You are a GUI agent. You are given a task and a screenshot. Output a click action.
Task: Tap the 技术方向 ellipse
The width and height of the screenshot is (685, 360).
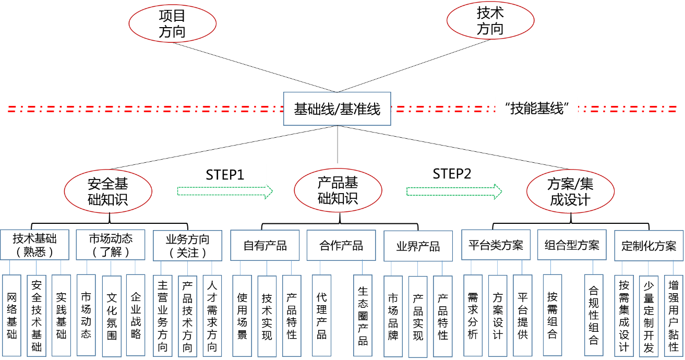coord(490,21)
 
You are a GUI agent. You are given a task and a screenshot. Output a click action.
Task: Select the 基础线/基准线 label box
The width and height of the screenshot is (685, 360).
coord(337,109)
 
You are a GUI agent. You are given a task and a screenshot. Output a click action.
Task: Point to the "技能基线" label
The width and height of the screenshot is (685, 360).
coord(536,109)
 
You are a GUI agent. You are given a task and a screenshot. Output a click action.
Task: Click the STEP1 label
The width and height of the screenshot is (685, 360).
coord(225,174)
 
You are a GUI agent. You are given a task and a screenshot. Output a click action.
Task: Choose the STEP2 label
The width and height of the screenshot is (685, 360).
coord(452,174)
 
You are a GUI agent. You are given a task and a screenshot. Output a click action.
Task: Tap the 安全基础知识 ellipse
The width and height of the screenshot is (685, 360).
coord(108,191)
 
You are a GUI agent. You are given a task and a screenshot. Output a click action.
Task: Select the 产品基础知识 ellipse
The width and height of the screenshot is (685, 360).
coord(338,190)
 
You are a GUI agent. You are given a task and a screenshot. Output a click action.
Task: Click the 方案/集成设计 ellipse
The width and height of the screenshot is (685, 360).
coord(570,191)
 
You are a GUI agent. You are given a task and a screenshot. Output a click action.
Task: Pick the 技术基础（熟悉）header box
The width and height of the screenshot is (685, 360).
coord(34,245)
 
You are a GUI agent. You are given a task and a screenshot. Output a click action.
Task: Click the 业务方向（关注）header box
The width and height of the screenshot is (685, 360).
coord(188,246)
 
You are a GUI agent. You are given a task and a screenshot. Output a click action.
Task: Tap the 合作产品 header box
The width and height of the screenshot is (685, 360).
coord(341,246)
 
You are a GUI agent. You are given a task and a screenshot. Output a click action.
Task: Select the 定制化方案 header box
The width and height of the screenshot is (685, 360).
coord(648,246)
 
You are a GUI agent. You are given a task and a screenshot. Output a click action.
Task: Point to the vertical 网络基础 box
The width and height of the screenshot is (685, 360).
coord(11,316)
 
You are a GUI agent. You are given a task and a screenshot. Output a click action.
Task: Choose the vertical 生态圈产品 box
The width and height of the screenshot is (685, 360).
coord(363,316)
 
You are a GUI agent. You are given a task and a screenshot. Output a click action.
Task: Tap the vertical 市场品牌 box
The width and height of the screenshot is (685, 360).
coord(393,316)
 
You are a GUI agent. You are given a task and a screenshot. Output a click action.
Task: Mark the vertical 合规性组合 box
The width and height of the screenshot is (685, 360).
coord(594,315)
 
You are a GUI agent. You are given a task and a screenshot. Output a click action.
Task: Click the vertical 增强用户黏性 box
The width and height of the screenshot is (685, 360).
coord(674,316)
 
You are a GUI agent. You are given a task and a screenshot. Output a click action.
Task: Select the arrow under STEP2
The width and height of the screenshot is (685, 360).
coord(454,191)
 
